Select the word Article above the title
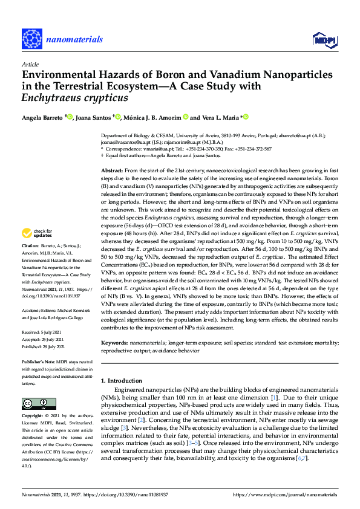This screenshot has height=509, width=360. point(29,63)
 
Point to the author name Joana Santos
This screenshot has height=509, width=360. point(94,117)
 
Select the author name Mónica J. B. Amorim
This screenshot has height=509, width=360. point(151,117)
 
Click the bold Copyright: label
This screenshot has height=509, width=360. point(33,417)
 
